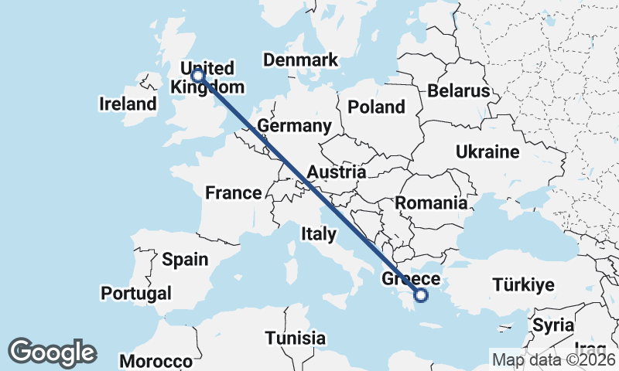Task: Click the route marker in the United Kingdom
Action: point(197,76)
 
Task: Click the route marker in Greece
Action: point(421,294)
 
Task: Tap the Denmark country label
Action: point(300,60)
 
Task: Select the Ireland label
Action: point(128,104)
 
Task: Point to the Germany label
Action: point(294,126)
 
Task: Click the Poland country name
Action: point(376,107)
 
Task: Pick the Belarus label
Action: point(459,91)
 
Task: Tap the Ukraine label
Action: point(487,151)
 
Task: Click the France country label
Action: point(233,192)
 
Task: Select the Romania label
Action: point(431,203)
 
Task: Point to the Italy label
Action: point(319,233)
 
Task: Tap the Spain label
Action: point(185,259)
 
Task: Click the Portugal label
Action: point(136,293)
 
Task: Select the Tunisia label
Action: point(295,338)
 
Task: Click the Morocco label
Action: point(156,361)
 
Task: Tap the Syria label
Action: point(553,324)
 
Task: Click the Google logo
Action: point(52,352)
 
